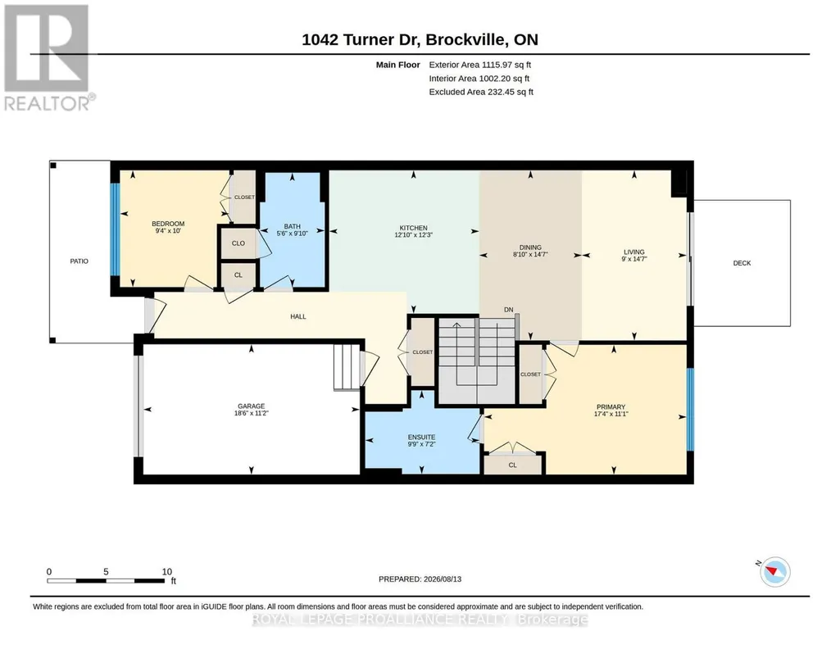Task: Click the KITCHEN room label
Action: (413, 228)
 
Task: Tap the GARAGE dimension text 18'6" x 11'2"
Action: (252, 413)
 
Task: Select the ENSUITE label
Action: (421, 437)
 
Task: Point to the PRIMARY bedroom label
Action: (611, 407)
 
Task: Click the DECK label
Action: (742, 263)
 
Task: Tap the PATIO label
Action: (79, 261)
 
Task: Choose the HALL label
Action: (298, 316)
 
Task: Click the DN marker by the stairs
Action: (508, 310)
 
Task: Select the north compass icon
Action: (774, 571)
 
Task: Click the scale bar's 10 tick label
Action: (167, 571)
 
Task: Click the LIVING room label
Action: (634, 252)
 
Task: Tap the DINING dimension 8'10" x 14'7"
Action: (530, 255)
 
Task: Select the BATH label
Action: (292, 226)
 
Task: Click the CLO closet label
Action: (238, 243)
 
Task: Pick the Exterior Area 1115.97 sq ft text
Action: (480, 65)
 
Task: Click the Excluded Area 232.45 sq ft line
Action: (481, 92)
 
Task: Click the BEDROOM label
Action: (168, 224)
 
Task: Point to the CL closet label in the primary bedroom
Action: (513, 465)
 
